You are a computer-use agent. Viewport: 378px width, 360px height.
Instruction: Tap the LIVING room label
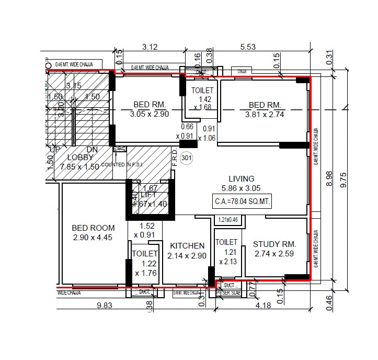241,179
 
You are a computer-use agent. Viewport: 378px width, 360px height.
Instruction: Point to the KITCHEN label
187,245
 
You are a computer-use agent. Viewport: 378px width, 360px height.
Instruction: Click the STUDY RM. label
274,244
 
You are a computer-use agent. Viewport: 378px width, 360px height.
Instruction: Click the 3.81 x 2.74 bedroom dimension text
265,114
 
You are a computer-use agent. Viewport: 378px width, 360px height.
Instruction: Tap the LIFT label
149,195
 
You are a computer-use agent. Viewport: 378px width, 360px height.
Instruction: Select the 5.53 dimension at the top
248,47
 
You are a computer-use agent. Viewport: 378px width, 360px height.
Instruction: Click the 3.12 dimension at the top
151,47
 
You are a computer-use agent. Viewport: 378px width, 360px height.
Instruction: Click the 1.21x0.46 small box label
228,220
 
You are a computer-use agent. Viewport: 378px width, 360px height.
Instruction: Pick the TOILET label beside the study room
226,242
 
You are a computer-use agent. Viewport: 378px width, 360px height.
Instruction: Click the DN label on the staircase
92,150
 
